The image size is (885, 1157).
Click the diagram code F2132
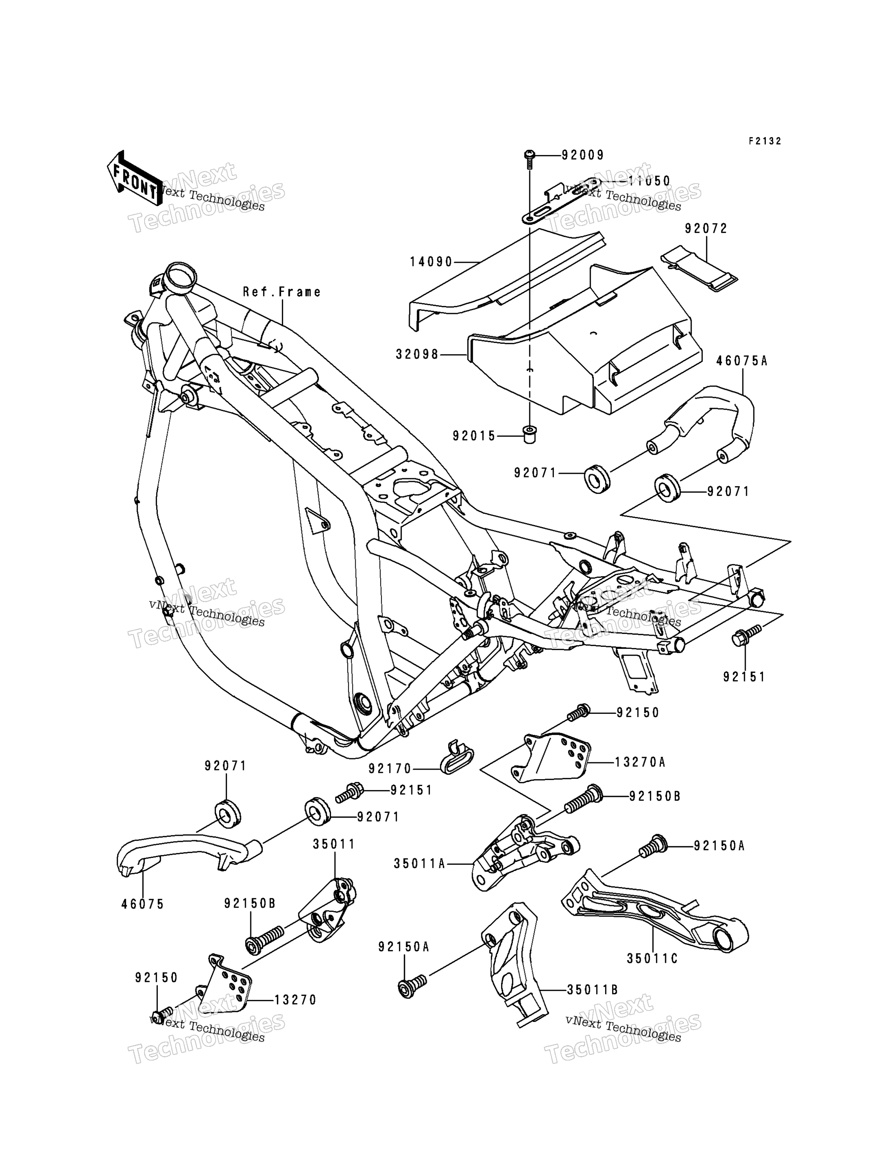(x=765, y=141)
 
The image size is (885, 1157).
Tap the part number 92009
(x=583, y=155)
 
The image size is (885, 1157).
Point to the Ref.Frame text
(x=282, y=292)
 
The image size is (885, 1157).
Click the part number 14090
(x=432, y=262)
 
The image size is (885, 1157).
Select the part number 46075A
(x=742, y=361)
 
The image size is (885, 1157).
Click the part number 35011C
(x=652, y=958)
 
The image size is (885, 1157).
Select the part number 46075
(x=143, y=904)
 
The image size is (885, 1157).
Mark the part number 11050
(x=650, y=181)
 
